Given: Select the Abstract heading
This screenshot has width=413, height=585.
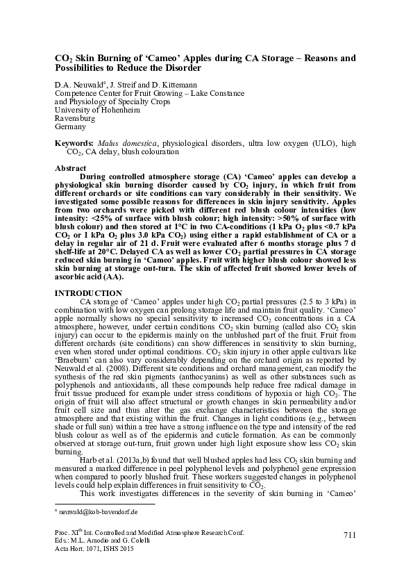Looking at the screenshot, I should [x=70, y=169].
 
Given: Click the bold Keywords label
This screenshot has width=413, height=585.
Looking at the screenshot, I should [x=74, y=143].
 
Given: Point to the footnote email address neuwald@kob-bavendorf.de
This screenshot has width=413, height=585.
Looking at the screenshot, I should [x=98, y=511].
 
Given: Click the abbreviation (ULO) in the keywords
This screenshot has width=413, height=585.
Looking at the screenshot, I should [x=318, y=143].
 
